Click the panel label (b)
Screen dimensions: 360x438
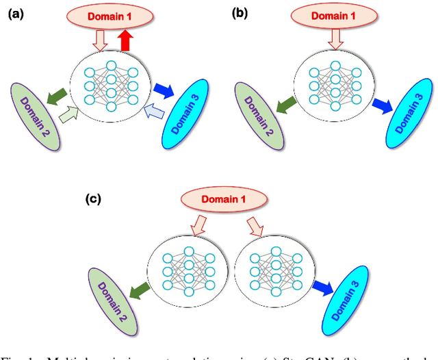240,14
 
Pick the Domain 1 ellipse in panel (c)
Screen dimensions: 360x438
222,199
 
